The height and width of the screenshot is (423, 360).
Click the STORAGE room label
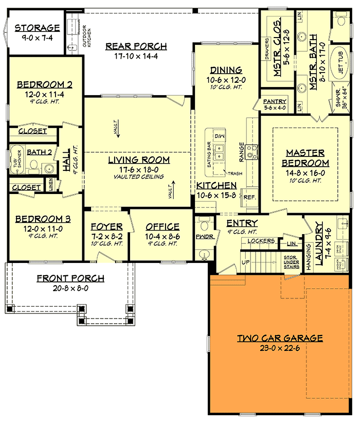click(x=37, y=28)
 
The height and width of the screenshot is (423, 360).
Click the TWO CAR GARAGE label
click(x=280, y=338)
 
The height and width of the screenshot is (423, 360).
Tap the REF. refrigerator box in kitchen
click(x=250, y=198)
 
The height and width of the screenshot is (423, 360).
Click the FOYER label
click(x=106, y=226)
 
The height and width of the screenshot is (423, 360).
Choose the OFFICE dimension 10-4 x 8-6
click(x=162, y=236)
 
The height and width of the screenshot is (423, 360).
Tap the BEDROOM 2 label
click(x=44, y=85)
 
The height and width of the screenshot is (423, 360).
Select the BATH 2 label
click(x=40, y=152)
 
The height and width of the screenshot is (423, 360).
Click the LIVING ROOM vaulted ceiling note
click(x=139, y=177)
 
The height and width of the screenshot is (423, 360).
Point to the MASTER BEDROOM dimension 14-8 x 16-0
click(x=304, y=172)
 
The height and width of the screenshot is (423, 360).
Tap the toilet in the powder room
click(x=204, y=224)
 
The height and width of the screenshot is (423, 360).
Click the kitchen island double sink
click(x=220, y=152)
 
